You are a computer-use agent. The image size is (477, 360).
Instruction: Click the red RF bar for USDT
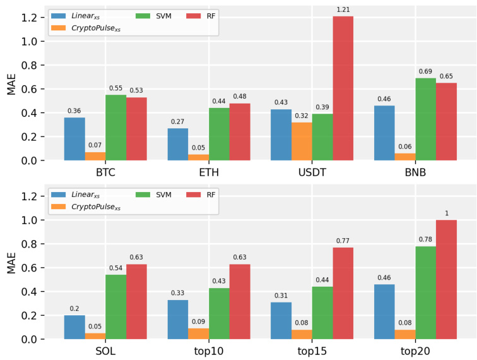click(343, 88)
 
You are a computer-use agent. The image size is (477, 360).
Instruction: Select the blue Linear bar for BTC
click(74, 139)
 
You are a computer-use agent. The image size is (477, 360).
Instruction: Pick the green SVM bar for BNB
click(425, 119)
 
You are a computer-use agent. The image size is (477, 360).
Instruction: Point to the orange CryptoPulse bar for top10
click(198, 333)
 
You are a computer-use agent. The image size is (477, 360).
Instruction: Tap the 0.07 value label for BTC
click(95, 146)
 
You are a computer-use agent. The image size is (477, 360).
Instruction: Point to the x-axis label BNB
click(415, 172)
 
